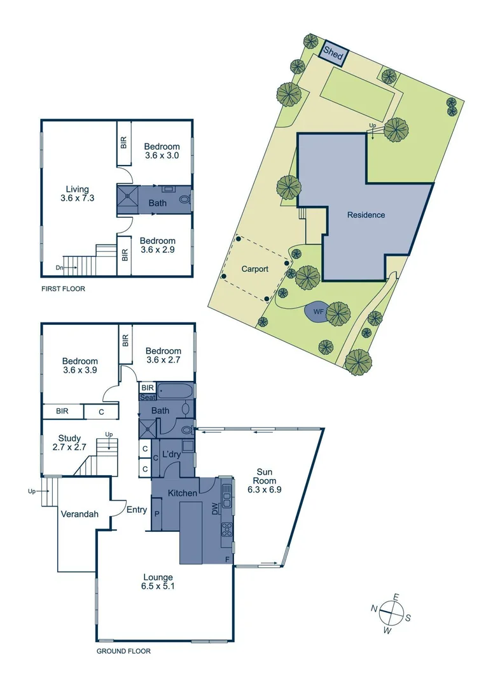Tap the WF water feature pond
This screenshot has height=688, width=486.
click(317, 312)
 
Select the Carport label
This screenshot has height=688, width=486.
click(254, 269)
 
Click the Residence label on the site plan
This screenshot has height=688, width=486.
click(366, 215)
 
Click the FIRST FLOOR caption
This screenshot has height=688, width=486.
click(63, 289)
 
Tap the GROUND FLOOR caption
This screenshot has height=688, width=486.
click(123, 652)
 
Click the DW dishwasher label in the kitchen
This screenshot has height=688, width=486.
click(214, 508)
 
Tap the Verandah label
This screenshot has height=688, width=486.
click(79, 514)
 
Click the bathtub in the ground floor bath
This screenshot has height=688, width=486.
click(176, 391)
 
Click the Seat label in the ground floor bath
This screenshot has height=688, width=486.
click(147, 398)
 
